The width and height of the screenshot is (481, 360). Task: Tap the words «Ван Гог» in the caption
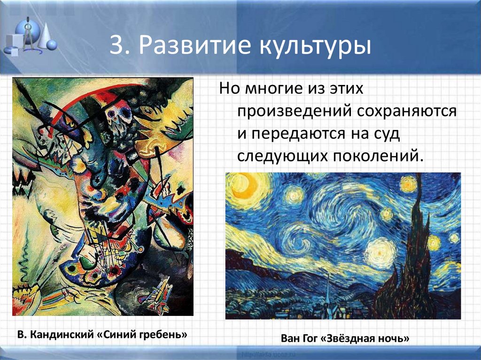(x=300, y=338)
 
